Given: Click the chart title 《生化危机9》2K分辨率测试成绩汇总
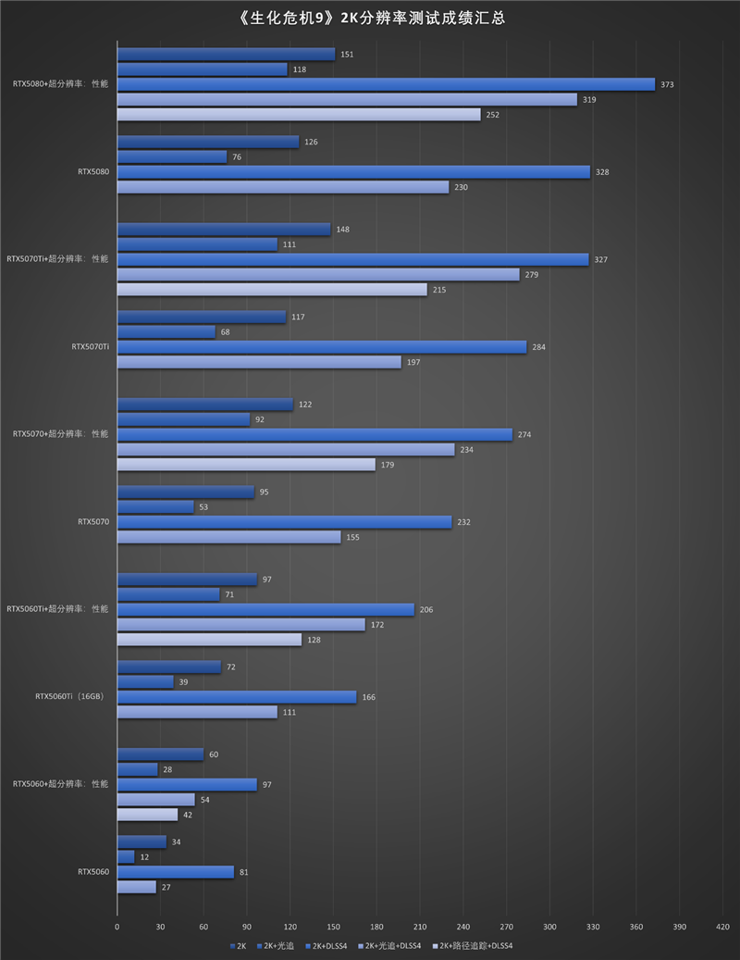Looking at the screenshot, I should [x=370, y=17].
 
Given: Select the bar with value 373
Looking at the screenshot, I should [x=386, y=84].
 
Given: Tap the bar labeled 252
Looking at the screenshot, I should [x=299, y=115].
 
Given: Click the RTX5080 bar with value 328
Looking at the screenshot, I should [x=353, y=172].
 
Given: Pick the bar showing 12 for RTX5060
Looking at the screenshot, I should [x=126, y=857].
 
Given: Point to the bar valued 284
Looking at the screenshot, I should [x=322, y=347].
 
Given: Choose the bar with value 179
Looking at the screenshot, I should [x=246, y=465].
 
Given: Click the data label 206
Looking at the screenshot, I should [x=427, y=610].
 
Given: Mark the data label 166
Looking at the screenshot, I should [x=369, y=697].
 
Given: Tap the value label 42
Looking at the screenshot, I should [x=189, y=815].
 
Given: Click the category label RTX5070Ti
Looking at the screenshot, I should [x=90, y=347].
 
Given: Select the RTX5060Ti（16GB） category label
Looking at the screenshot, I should [x=69, y=697].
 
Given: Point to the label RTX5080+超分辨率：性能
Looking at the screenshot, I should [x=60, y=84].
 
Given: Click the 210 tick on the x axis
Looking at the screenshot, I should [x=420, y=926].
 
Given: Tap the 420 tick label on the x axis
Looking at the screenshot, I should [x=723, y=926].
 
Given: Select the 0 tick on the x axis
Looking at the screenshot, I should [x=117, y=926].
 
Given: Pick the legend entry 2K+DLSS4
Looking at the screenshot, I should [x=330, y=946].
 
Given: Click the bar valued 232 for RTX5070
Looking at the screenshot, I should [x=284, y=522].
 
